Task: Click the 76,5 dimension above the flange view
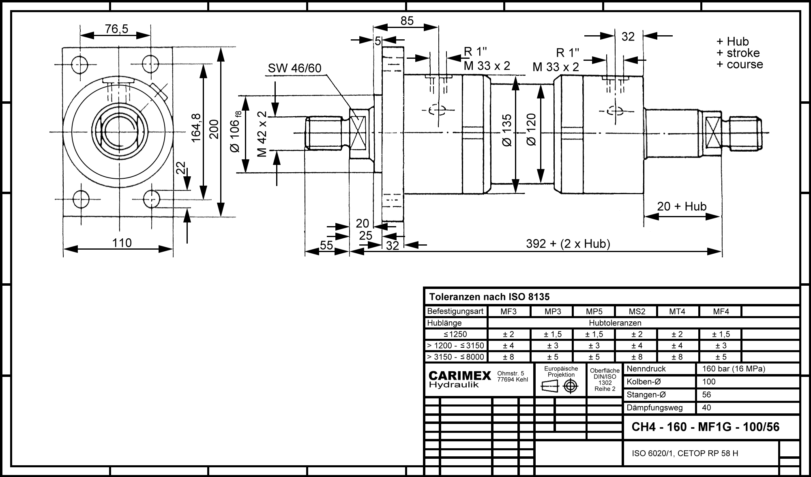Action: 116,29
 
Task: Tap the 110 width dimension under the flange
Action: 122,243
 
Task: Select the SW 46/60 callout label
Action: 294,68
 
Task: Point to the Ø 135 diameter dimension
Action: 507,130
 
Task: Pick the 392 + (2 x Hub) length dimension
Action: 568,244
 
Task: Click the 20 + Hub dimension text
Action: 682,206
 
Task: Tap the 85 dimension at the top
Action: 407,21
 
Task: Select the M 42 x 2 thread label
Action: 262,134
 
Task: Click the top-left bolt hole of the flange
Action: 79,64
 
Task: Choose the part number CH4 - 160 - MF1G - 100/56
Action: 706,427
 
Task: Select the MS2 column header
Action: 637,312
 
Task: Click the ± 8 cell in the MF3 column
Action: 508,357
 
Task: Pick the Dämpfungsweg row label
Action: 654,408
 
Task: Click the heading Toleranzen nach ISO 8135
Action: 489,297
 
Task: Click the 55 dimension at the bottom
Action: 326,245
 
